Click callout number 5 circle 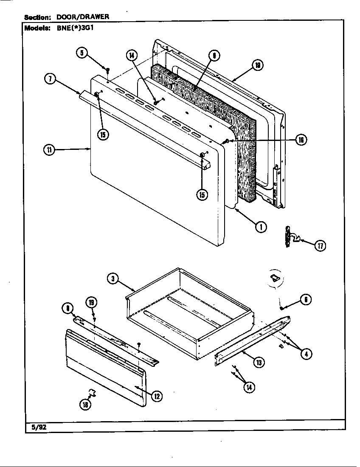(82, 53)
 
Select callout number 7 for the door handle (50, 79)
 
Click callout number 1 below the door (261, 227)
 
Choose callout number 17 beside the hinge (320, 245)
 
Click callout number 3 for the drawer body (112, 279)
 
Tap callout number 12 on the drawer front (157, 396)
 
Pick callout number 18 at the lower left (85, 405)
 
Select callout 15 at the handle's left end (102, 135)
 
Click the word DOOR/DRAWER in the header (83, 17)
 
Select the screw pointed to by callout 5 (108, 69)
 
